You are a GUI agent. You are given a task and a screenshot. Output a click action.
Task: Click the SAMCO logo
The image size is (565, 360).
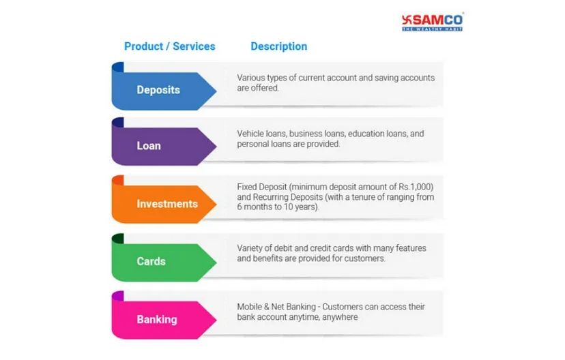pos(432,21)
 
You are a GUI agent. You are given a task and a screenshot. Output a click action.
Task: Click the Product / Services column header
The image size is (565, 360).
pos(169,46)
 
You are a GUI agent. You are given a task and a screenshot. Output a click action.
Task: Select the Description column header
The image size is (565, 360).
pos(278,46)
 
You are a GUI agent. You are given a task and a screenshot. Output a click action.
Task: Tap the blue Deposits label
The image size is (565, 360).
pos(158,89)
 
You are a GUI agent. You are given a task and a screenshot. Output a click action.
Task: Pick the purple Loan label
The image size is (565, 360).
pos(149,145)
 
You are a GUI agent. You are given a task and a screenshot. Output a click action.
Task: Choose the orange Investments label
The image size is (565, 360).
pos(167,204)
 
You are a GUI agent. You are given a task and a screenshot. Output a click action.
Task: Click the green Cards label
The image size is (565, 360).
pos(151,261)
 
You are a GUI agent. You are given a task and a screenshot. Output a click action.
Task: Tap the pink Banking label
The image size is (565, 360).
pos(157,319)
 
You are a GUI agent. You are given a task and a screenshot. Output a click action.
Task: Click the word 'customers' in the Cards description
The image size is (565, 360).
pos(366,259)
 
